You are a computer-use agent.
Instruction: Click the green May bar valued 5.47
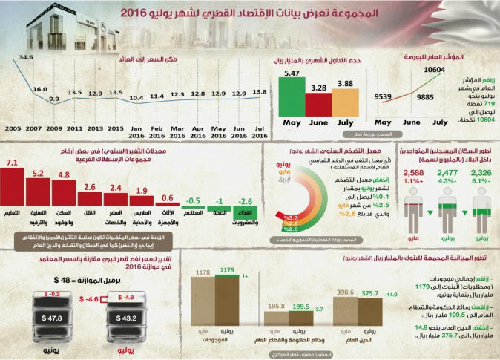click(x=291, y=96)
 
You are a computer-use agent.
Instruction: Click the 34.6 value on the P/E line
click(x=27, y=57)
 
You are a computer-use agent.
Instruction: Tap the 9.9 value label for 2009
click(x=53, y=99)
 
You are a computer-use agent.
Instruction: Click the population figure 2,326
click(x=481, y=173)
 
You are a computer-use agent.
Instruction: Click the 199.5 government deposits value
click(x=302, y=305)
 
